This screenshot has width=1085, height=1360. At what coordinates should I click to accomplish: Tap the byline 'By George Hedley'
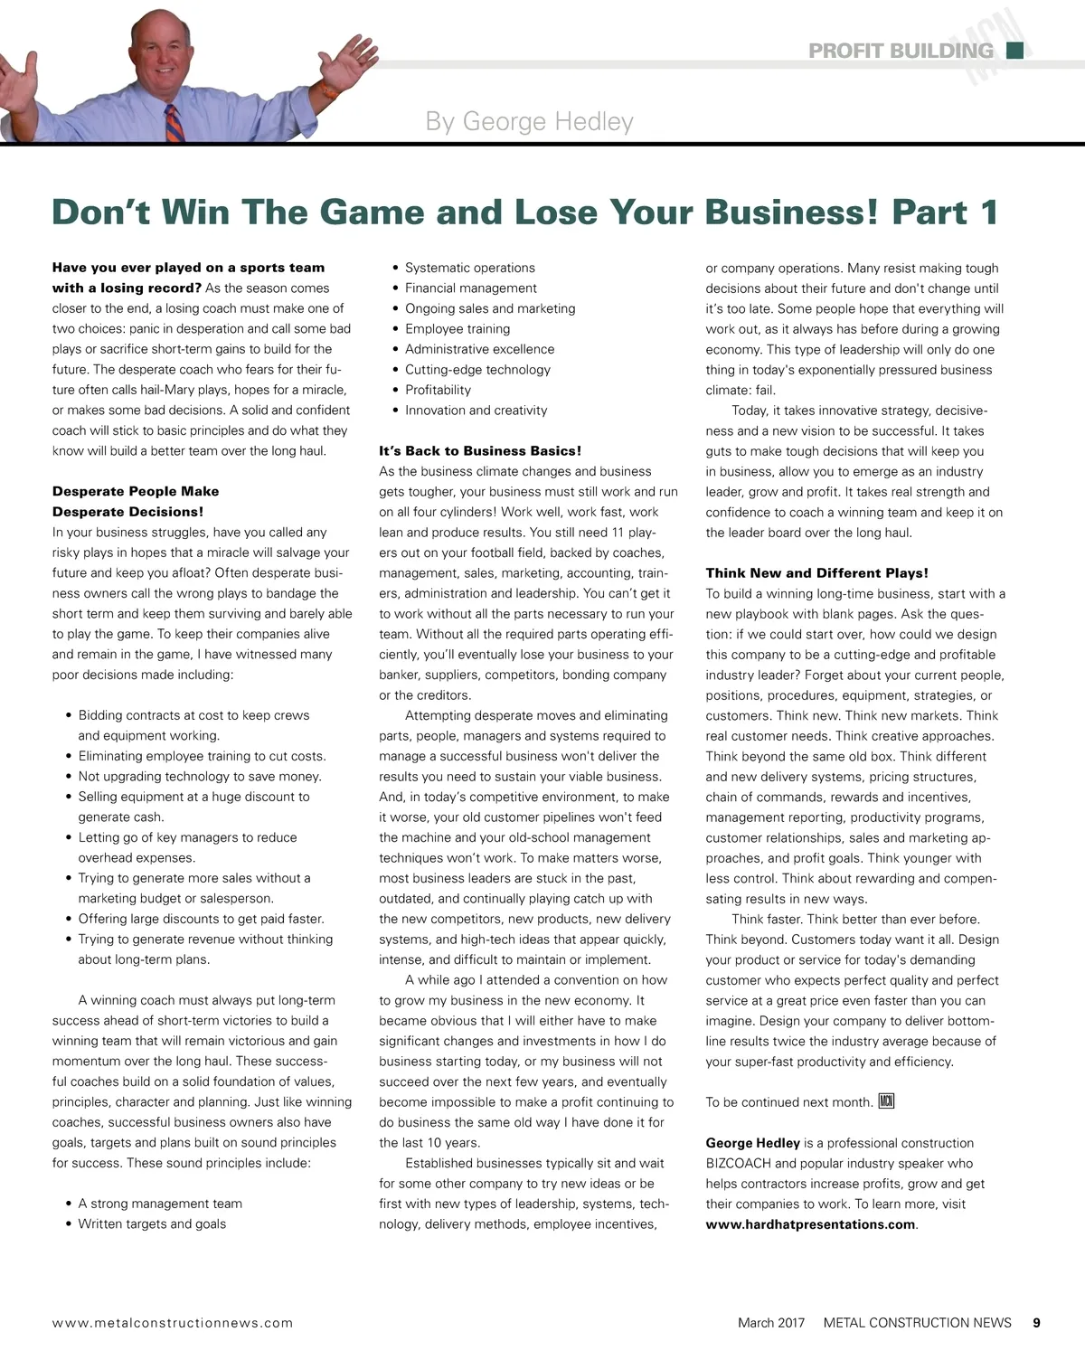click(x=529, y=121)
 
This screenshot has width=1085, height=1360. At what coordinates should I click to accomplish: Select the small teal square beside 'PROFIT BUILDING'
click(x=1014, y=50)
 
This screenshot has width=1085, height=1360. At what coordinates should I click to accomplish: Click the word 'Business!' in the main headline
click(x=791, y=212)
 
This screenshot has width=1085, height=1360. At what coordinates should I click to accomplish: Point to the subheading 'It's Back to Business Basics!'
click(x=480, y=450)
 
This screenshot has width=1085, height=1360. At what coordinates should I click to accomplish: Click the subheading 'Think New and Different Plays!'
click(x=816, y=572)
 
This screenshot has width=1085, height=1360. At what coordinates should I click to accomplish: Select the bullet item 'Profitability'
click(x=438, y=390)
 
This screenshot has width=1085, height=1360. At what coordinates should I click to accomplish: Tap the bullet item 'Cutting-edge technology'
click(x=477, y=369)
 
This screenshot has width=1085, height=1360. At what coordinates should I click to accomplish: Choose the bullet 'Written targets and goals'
click(x=152, y=1223)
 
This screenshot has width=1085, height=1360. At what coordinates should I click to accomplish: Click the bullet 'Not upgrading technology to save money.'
click(x=200, y=776)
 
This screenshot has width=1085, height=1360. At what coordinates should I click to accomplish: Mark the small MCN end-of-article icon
click(x=886, y=1100)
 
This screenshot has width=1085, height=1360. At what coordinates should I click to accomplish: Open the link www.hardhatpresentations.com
click(x=810, y=1224)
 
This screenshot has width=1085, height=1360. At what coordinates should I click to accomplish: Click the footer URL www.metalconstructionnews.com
click(x=173, y=1323)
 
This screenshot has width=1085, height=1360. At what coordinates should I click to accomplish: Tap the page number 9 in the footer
click(x=1036, y=1323)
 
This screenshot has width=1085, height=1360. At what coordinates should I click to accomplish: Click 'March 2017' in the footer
click(x=770, y=1323)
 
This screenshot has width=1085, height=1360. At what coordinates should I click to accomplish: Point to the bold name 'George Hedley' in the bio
click(x=752, y=1143)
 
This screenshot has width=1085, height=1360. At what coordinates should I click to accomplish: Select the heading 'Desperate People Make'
click(x=136, y=491)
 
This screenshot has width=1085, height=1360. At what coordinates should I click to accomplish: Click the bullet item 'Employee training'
click(x=458, y=328)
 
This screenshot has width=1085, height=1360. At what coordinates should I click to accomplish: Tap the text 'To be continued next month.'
click(x=789, y=1101)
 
